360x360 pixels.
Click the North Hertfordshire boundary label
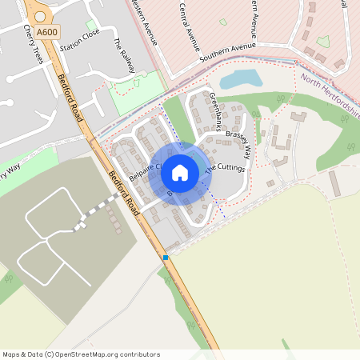(x=331, y=95)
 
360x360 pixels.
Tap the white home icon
(x=180, y=173)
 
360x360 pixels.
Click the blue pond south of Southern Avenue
(x=239, y=78)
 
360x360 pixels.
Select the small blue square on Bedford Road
(x=166, y=258)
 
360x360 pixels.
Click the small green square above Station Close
(x=91, y=26)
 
